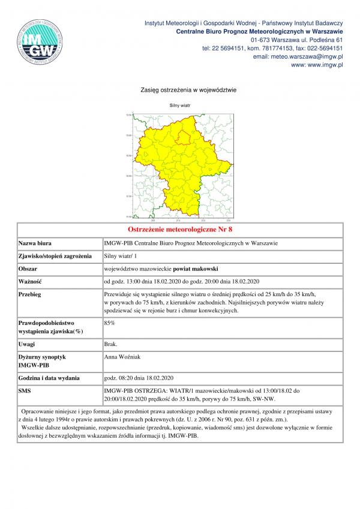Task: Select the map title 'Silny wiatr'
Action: [x=179, y=104]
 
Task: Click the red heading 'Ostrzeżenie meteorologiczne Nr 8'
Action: [x=180, y=230]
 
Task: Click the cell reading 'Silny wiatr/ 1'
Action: [x=120, y=256]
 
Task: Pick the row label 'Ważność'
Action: [x=29, y=281]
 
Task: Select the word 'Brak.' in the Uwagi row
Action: [x=111, y=344]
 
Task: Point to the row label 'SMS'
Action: [x=26, y=390]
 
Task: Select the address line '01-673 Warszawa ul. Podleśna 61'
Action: [x=297, y=40]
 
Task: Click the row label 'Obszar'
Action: [x=28, y=269]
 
